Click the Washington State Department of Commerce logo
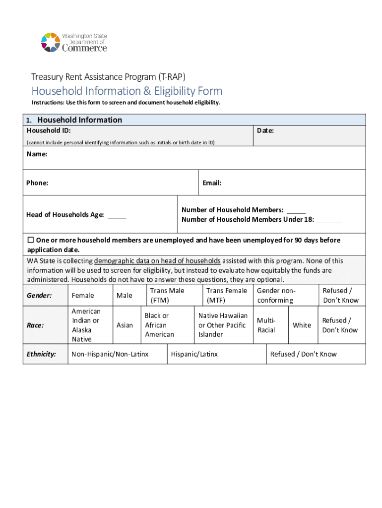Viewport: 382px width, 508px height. pyautogui.click(x=74, y=42)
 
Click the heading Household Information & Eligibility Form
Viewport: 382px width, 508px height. pyautogui.click(x=127, y=91)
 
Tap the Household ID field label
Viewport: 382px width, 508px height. pyautogui.click(x=48, y=130)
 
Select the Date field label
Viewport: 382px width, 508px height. pyautogui.click(x=265, y=130)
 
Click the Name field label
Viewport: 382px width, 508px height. pyautogui.click(x=37, y=154)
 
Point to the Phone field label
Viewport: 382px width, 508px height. pyautogui.click(x=37, y=183)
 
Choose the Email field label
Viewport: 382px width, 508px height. pyautogui.click(x=212, y=183)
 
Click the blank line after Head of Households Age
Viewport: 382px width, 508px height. pyautogui.click(x=117, y=216)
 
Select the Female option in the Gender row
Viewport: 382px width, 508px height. pyautogui.click(x=83, y=296)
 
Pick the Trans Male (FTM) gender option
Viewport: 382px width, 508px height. pyautogui.click(x=167, y=296)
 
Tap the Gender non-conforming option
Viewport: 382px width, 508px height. pyautogui.click(x=275, y=296)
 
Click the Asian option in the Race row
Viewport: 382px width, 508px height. pyautogui.click(x=125, y=325)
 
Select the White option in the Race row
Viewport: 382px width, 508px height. pyautogui.click(x=302, y=325)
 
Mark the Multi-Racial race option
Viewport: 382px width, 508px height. pyautogui.click(x=266, y=325)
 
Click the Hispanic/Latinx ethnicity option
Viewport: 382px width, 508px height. pyautogui.click(x=194, y=354)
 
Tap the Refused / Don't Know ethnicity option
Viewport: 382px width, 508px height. pyautogui.click(x=303, y=354)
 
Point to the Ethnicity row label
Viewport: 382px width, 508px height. pyautogui.click(x=41, y=354)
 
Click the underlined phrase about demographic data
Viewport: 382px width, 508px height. pyautogui.click(x=157, y=261)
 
